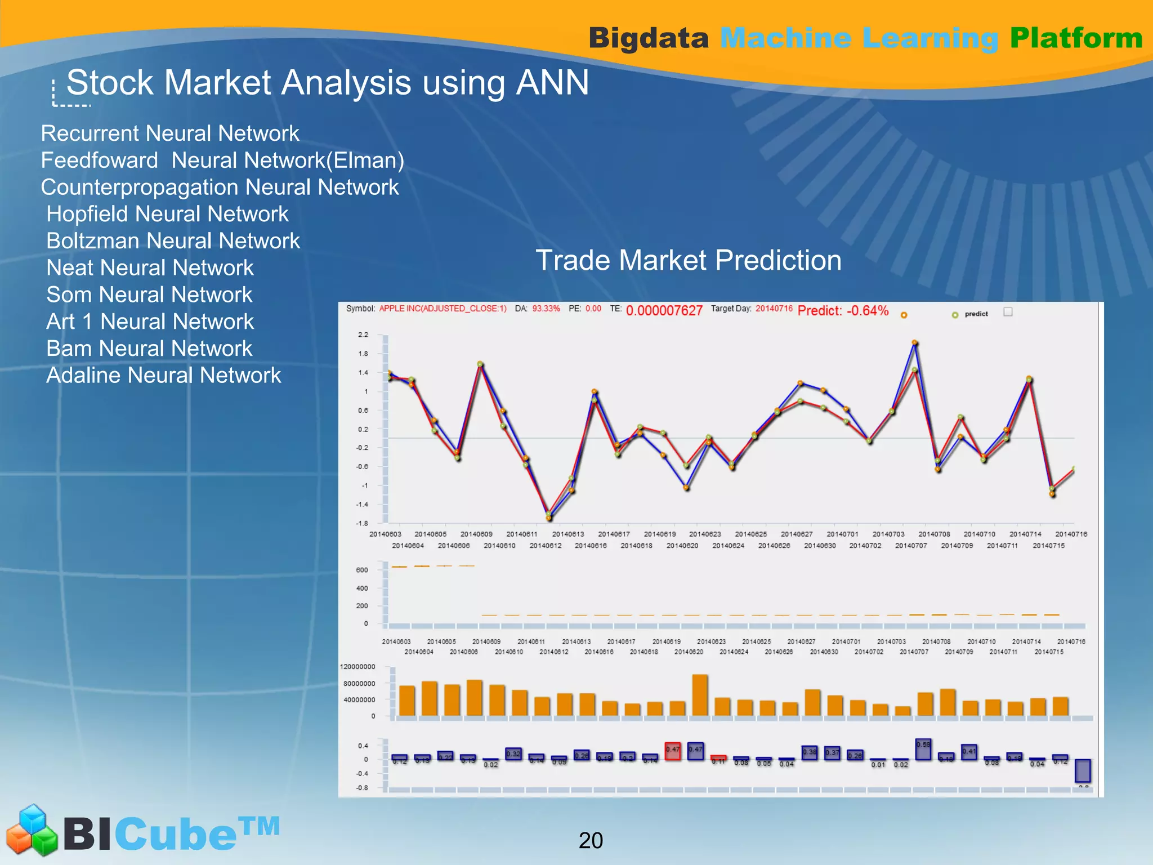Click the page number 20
591,840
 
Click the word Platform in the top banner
1076,38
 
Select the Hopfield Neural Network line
167,214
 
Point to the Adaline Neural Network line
163,376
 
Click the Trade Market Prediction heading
688,260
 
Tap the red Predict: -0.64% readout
843,311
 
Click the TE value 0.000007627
664,311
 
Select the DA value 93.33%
546,309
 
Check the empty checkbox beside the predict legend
1008,312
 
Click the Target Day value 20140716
774,309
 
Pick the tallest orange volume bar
700,695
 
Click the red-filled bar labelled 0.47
673,751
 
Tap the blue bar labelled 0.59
923,750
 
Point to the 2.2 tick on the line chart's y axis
363,335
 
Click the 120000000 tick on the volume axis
357,667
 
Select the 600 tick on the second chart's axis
362,570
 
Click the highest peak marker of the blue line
915,343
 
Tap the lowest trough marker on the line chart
548,517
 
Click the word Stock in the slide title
110,83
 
